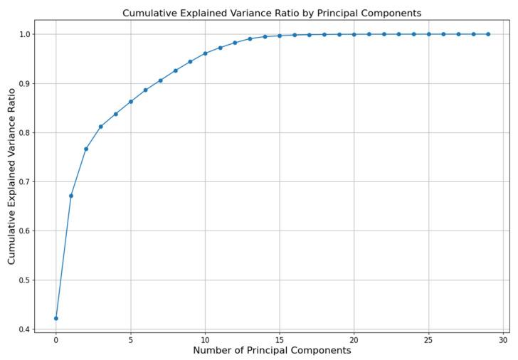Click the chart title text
coord(271,13)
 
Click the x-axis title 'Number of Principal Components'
coord(272,350)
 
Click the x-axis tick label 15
coord(280,339)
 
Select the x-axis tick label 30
coord(503,339)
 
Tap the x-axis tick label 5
coord(131,339)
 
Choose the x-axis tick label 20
coord(354,339)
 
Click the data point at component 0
coord(56,318)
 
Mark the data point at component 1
coord(71,196)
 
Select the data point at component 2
coord(86,149)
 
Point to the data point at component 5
coord(131,102)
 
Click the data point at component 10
coord(205,53)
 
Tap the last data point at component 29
coord(488,34)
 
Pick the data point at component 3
coord(101,127)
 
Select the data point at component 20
coord(354,34)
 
